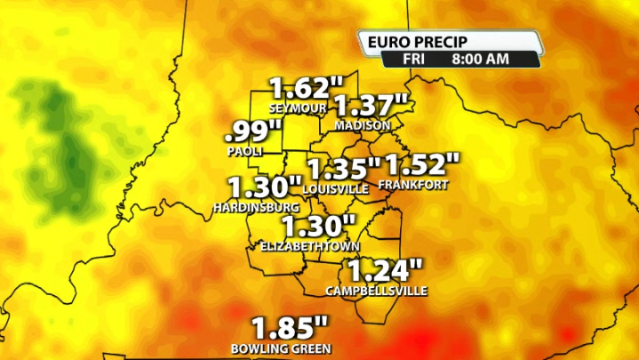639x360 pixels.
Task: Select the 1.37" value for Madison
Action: tap(371, 107)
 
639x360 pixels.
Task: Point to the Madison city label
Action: tap(363, 125)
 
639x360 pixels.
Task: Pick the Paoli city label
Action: tap(245, 151)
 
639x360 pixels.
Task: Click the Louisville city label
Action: tap(336, 189)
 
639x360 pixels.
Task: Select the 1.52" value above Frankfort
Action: tap(423, 165)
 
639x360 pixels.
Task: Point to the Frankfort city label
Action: tap(413, 185)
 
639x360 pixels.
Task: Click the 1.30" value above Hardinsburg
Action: tap(265, 188)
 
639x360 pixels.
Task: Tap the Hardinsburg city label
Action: tap(256, 207)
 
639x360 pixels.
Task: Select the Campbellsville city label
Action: tap(377, 291)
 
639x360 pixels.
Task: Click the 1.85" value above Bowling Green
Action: tap(291, 327)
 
